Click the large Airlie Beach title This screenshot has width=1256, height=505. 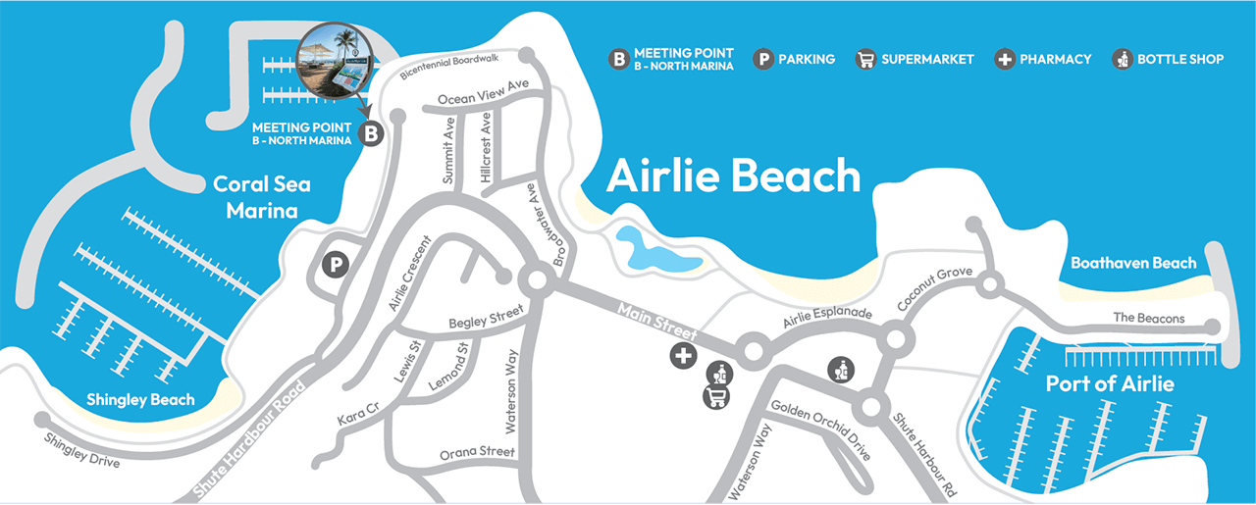733,177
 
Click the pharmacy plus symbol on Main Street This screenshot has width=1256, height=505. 683,356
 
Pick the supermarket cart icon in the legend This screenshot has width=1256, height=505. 864,59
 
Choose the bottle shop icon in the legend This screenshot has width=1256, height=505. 1122,59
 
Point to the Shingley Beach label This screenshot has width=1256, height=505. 140,399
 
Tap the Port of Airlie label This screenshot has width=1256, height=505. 1110,383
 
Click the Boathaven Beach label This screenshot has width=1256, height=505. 1133,263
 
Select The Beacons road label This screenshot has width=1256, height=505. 1149,318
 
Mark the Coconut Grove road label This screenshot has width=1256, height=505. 934,290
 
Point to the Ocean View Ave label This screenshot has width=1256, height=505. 483,92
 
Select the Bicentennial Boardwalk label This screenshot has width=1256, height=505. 450,68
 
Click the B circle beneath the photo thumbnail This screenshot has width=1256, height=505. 371,133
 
